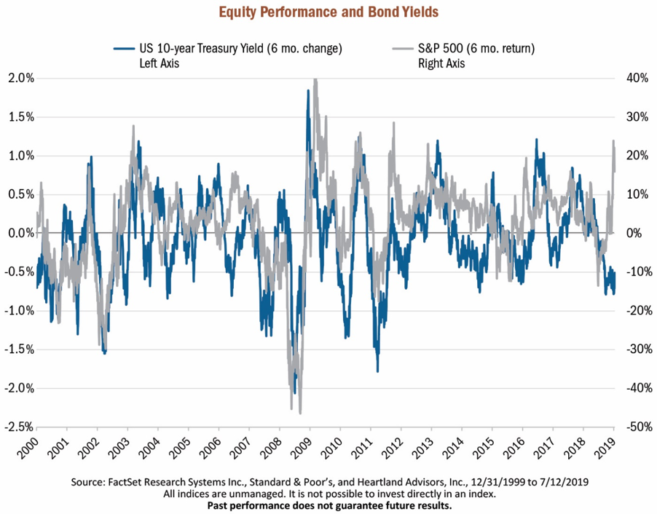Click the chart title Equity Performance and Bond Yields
[x=328, y=12]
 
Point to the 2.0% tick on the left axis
[x=19, y=78]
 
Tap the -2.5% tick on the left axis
[x=17, y=427]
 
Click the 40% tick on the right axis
[x=632, y=78]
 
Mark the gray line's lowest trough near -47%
[x=300, y=413]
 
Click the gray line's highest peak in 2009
[x=315, y=79]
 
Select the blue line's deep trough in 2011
[x=377, y=371]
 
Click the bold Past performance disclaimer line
[x=329, y=505]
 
